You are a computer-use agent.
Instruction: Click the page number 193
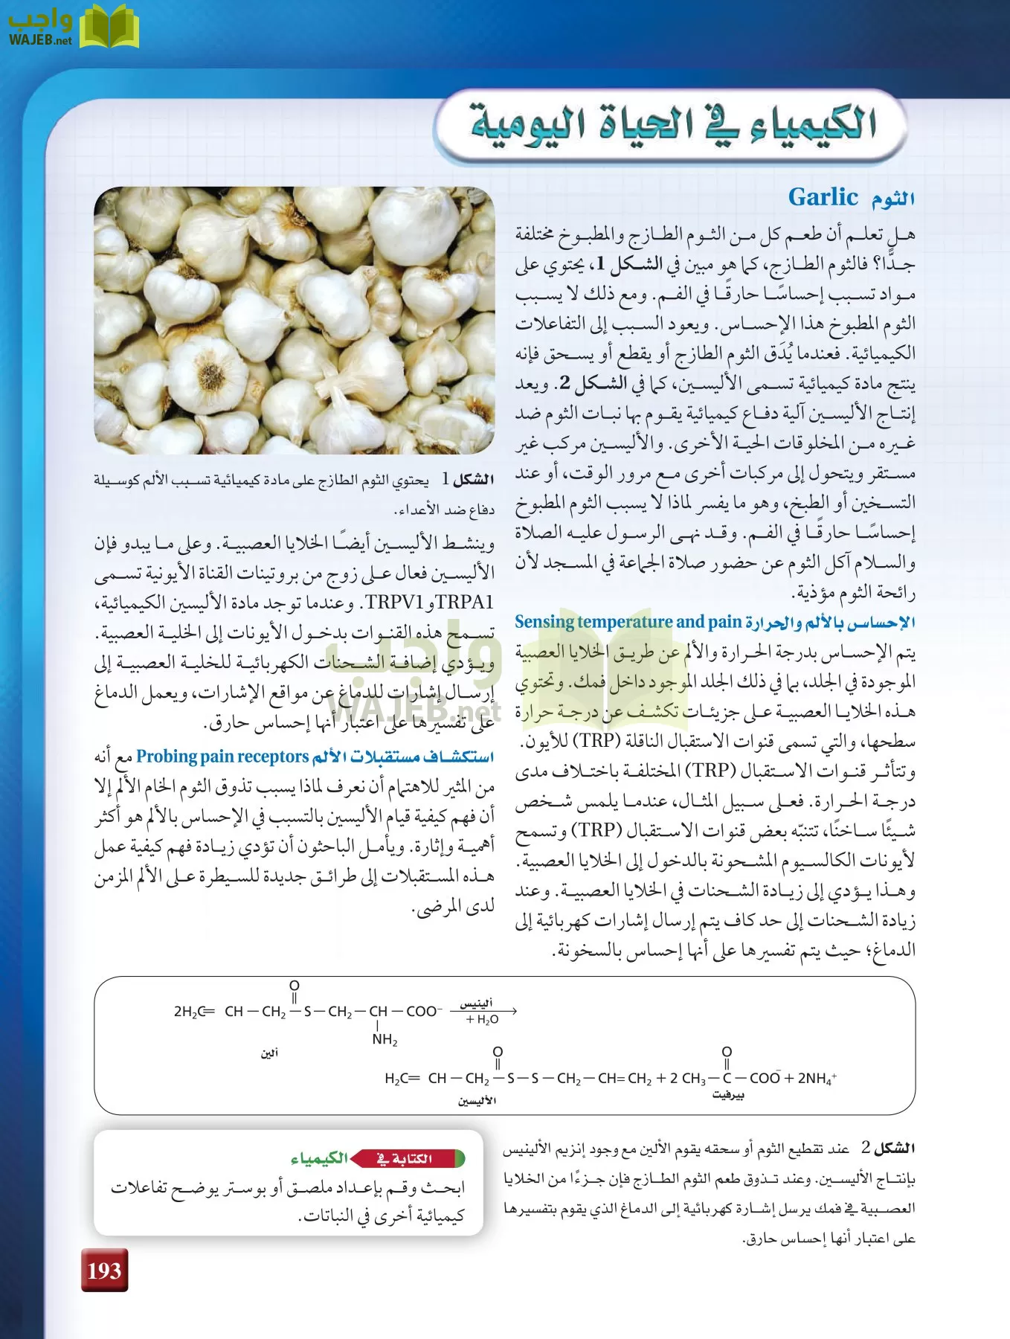coord(104,1271)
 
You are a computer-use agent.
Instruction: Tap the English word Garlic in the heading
coord(823,197)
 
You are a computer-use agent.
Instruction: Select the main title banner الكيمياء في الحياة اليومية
coord(672,124)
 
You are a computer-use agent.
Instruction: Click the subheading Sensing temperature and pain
coord(628,622)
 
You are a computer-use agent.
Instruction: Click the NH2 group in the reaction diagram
coord(385,1039)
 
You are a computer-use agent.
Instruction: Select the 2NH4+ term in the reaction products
coord(817,1078)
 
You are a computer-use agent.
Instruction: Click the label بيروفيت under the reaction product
coord(727,1095)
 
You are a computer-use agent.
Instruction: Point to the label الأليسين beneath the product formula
coord(477,1101)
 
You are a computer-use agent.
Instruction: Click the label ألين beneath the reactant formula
coord(269,1053)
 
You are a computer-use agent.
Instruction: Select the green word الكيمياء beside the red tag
coord(319,1158)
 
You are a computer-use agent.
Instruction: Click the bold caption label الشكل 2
coord(888,1149)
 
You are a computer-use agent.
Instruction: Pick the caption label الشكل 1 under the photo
coord(468,480)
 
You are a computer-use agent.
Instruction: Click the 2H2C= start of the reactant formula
coord(193,1012)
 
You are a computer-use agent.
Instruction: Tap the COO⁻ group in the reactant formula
coord(424,1012)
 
